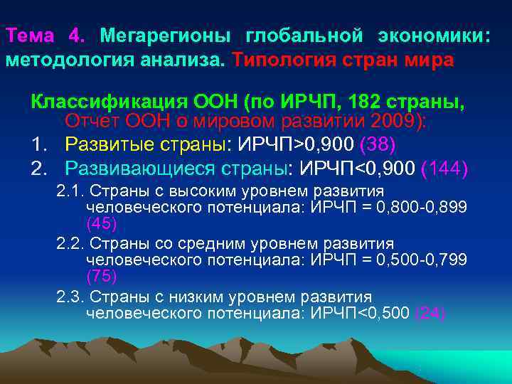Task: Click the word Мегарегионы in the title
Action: click(x=165, y=36)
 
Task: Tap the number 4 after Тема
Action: click(x=75, y=36)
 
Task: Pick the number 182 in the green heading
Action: click(x=361, y=100)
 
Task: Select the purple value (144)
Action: click(x=444, y=169)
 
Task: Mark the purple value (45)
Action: click(x=101, y=223)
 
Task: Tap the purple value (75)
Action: click(x=101, y=275)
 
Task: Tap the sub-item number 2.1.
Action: click(x=70, y=191)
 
